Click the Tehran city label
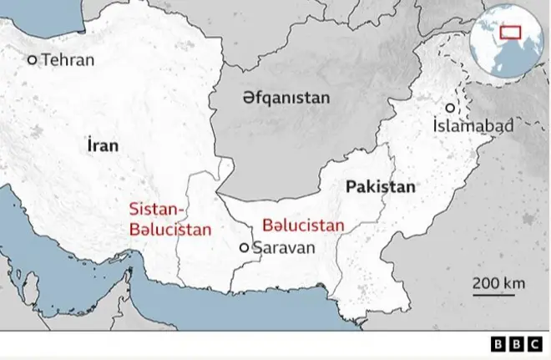click(x=68, y=60)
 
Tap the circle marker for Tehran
click(x=33, y=60)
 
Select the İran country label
click(x=102, y=145)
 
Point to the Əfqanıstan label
click(x=286, y=98)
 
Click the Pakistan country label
click(x=380, y=187)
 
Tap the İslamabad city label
click(x=473, y=126)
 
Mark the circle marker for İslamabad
click(x=450, y=109)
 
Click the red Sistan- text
click(x=159, y=209)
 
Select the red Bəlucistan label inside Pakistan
click(x=303, y=225)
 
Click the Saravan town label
click(x=284, y=247)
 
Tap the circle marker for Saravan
click(x=244, y=247)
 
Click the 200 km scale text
click(x=499, y=282)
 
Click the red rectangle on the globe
click(x=509, y=33)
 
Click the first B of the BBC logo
click(x=496, y=344)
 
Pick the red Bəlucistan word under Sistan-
click(x=170, y=228)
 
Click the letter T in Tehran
click(x=45, y=60)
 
